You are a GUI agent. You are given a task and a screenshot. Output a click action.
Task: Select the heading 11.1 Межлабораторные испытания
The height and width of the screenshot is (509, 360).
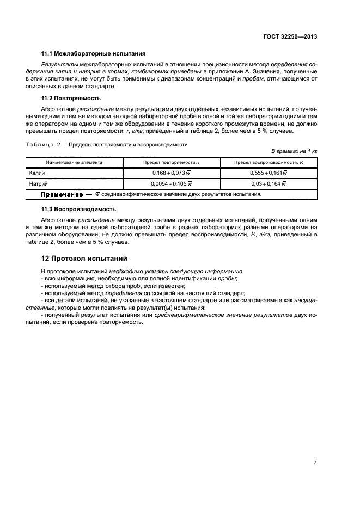click(x=93, y=53)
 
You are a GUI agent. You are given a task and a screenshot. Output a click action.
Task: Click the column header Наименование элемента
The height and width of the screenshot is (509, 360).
click(x=74, y=162)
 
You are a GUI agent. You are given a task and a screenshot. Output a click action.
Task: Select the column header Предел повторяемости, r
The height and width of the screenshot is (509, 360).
click(x=171, y=162)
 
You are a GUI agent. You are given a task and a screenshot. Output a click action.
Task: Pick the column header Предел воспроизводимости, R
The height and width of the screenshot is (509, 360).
click(x=269, y=162)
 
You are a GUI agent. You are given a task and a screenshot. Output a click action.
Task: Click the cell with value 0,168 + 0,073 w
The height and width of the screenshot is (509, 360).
click(x=171, y=173)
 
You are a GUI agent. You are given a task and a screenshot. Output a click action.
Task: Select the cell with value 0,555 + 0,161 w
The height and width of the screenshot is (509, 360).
click(x=269, y=173)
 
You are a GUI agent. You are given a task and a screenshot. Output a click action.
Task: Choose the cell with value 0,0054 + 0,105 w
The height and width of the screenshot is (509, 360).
click(x=171, y=183)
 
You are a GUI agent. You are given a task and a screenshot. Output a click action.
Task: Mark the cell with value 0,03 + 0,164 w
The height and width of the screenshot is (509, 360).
click(x=269, y=183)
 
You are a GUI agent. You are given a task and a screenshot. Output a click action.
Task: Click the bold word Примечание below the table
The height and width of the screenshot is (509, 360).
click(x=61, y=194)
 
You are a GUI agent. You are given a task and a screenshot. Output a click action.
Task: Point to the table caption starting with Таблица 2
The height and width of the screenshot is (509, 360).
click(x=107, y=145)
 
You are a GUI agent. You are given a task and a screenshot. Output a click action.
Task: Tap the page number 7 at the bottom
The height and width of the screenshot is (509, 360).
click(x=315, y=462)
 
